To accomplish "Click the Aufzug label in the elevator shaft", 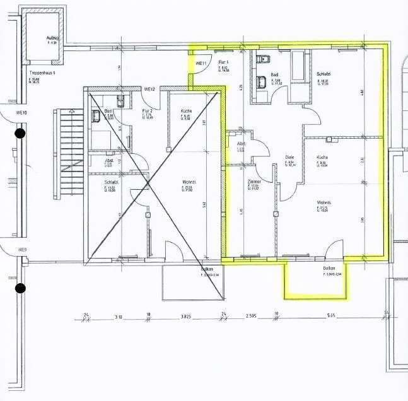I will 51,38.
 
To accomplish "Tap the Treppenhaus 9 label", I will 42,73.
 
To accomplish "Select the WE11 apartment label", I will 202,64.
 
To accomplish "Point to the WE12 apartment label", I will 150,89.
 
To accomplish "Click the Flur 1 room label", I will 223,62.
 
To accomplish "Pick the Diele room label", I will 289,158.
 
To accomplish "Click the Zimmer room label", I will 254,181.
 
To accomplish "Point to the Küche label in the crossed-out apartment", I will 185,110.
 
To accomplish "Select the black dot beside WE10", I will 20,133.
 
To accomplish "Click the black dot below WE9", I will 20,288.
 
